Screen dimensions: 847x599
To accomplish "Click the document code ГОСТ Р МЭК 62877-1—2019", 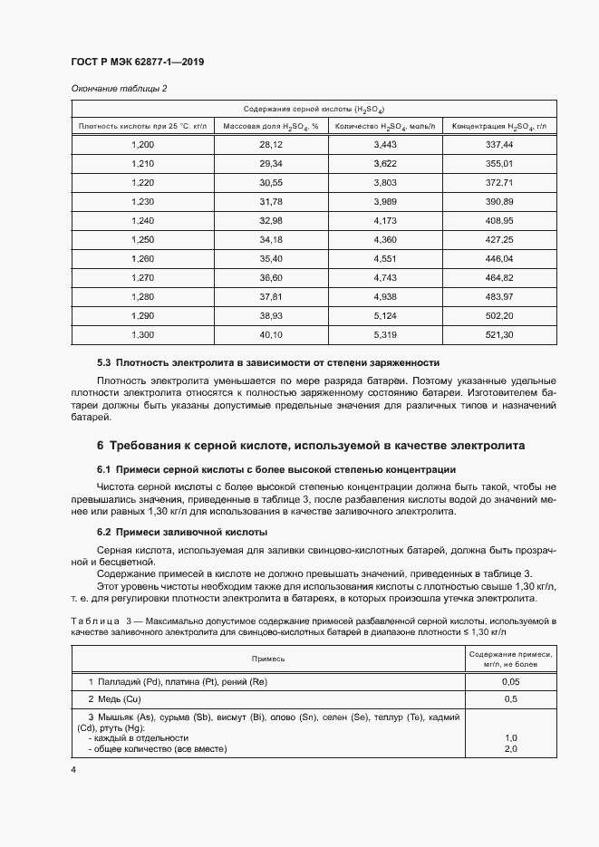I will coord(137,63).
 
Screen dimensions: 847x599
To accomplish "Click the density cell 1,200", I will coord(143,145).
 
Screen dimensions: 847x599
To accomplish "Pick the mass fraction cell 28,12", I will coord(271,145).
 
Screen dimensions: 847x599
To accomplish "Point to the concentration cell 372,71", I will coord(499,182).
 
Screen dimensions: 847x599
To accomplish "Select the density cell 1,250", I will coord(143,239).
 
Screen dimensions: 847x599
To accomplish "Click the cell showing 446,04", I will coord(499,258).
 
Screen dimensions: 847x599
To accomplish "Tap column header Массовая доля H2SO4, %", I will coord(271,126).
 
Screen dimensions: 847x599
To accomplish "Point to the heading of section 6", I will coord(311,447).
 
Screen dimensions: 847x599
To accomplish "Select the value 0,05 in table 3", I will coord(511,680).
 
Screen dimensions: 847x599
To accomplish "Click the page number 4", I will coord(73,769).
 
